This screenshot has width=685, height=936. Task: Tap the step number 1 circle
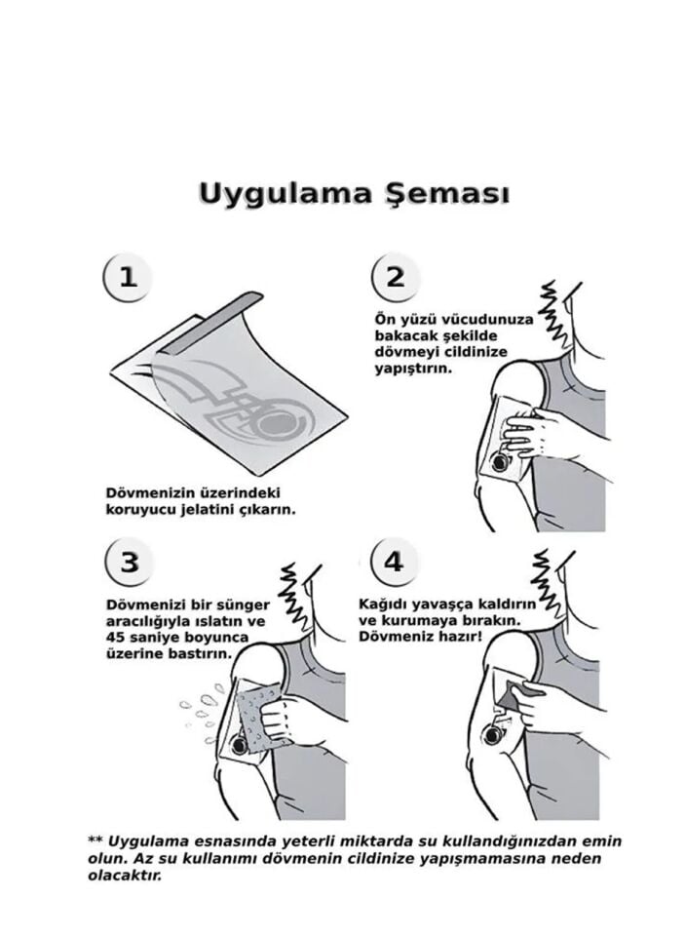(128, 277)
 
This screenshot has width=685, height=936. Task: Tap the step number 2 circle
(395, 277)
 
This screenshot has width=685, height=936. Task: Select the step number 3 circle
(128, 563)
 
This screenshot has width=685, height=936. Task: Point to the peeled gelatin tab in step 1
(219, 332)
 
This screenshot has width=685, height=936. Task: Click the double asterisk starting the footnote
(95, 840)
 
